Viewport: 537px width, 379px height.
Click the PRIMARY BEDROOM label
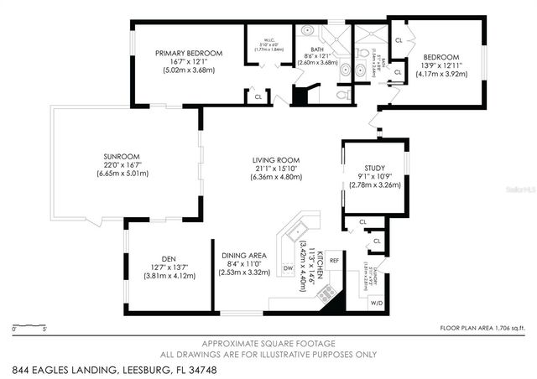(189, 54)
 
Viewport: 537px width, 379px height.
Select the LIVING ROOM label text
(276, 160)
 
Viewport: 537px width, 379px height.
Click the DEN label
(169, 259)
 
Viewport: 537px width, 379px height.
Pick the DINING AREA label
(243, 256)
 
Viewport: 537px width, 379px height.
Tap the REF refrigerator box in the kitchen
(334, 261)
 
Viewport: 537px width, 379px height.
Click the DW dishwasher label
(288, 268)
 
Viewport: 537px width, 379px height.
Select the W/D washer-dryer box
(376, 303)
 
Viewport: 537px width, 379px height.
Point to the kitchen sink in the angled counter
(299, 229)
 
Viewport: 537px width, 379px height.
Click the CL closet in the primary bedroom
(258, 98)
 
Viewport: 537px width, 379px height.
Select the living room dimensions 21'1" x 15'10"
(276, 169)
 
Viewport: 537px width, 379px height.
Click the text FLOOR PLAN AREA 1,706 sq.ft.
(482, 329)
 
